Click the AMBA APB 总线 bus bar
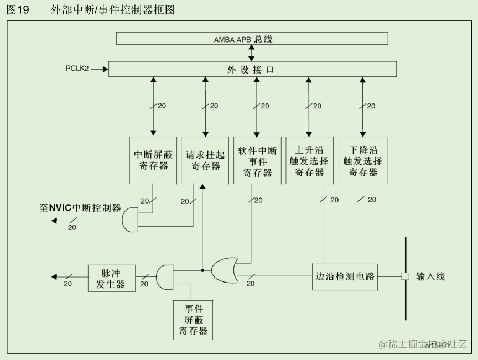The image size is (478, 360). [x=252, y=39]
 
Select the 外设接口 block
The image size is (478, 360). [x=252, y=69]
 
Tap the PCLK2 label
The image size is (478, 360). [x=77, y=69]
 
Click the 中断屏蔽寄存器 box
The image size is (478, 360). [x=153, y=160]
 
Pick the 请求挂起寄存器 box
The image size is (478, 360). [x=205, y=160]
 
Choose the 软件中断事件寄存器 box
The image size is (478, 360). [x=257, y=160]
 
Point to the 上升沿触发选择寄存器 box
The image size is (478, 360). [x=309, y=160]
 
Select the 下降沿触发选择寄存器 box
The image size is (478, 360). [x=363, y=160]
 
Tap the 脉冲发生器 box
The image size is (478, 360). [x=112, y=277]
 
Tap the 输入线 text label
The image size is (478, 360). [x=430, y=276]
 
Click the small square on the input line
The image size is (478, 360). [x=405, y=276]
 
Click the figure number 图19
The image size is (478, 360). [x=18, y=9]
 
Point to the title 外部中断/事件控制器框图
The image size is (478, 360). [x=112, y=9]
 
